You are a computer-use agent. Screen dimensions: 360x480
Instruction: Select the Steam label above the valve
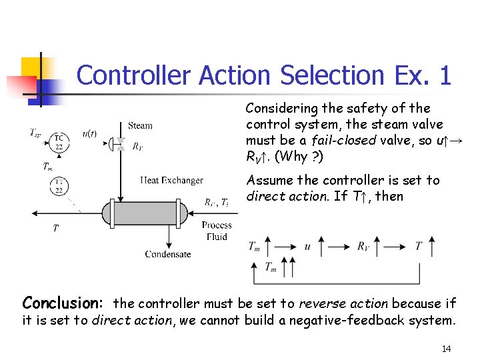[x=140, y=125]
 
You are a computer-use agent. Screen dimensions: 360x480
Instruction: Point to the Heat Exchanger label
[x=172, y=180]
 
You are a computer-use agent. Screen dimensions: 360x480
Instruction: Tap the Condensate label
[x=168, y=254]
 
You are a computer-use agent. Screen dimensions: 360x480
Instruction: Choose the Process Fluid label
[x=217, y=231]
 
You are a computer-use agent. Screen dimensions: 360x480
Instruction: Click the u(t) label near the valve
[x=89, y=133]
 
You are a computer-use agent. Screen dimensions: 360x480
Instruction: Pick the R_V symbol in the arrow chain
[x=363, y=247]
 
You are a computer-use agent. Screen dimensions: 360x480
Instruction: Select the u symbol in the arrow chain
[x=307, y=247]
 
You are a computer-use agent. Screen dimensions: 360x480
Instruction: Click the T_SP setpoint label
[x=37, y=133]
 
